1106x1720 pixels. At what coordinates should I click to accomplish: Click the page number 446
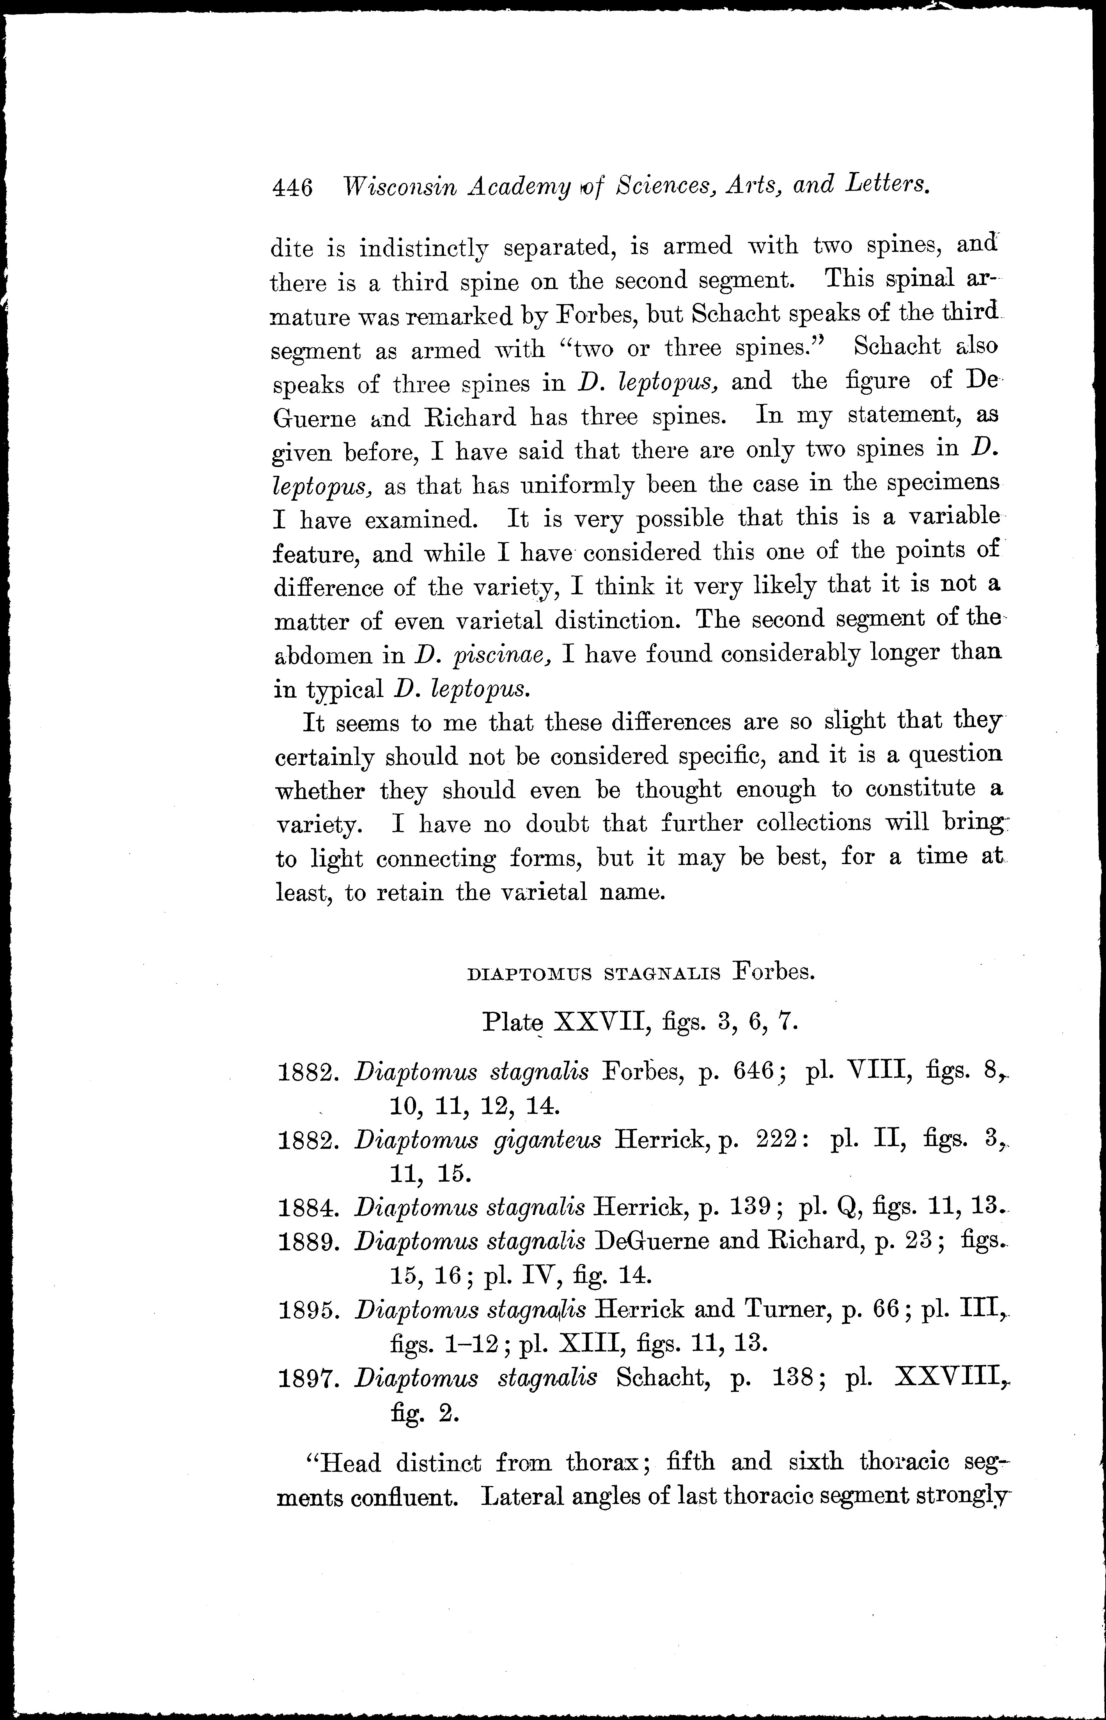tap(292, 189)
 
